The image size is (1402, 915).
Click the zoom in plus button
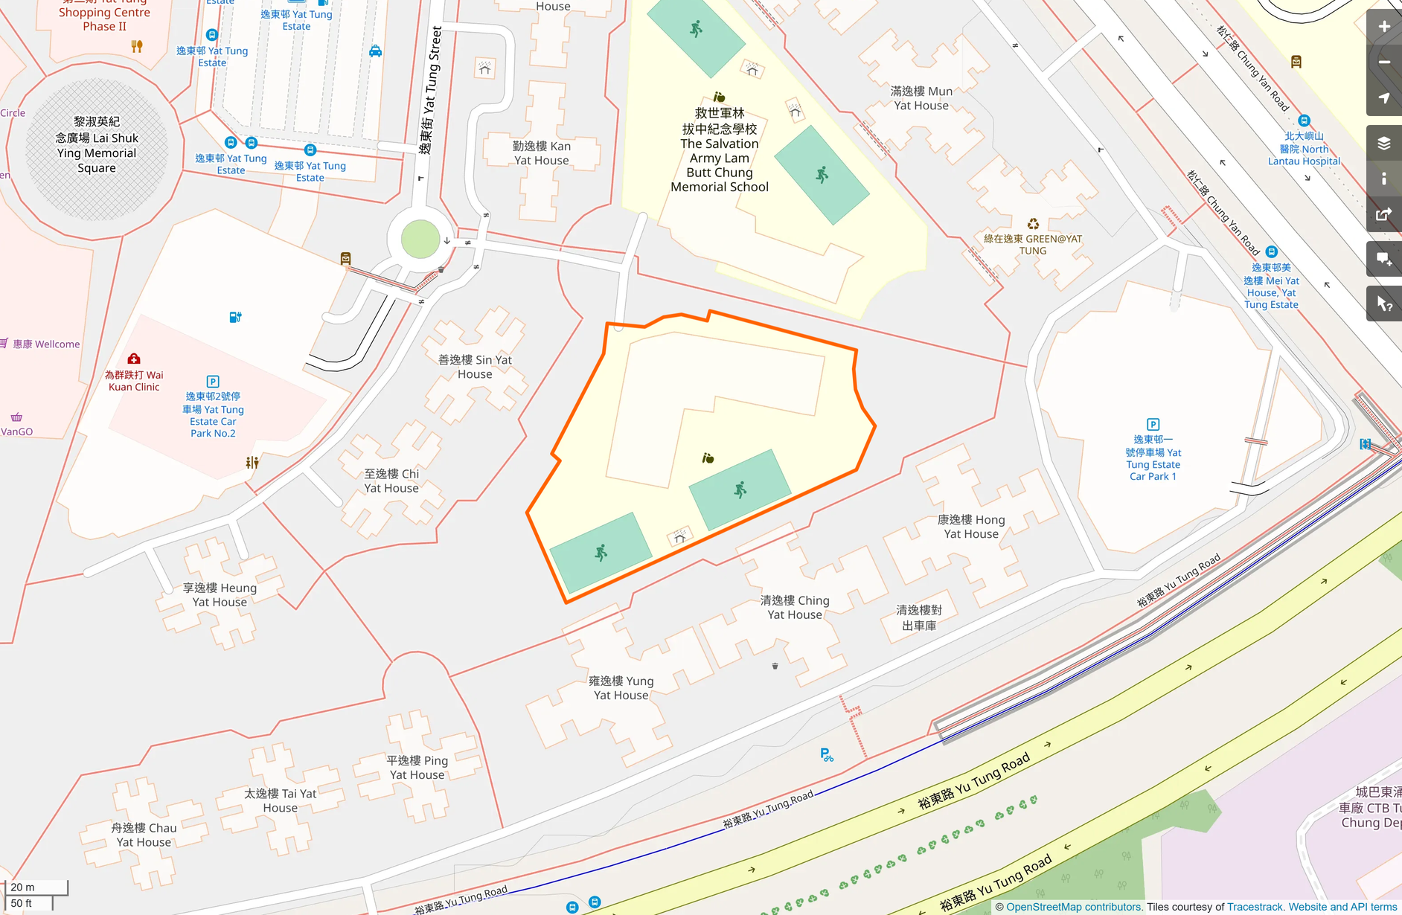coord(1383,27)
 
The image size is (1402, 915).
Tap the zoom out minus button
coord(1383,62)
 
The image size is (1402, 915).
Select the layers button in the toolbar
coord(1383,144)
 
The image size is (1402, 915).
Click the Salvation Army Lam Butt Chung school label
coord(719,150)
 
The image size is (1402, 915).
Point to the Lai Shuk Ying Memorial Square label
coord(97,145)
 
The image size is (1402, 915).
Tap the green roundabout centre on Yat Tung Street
coord(420,240)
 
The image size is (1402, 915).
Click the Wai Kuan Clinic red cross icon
coord(134,359)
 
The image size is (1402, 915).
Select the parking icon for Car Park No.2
coord(213,382)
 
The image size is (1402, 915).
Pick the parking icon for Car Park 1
coord(1153,424)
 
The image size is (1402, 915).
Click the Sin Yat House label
coord(475,367)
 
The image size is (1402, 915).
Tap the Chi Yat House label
coord(391,481)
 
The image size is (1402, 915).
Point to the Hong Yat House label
coord(971,527)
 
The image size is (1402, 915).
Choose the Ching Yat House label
coord(795,607)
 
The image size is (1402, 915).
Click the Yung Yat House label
coord(621,687)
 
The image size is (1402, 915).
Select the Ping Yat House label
coord(417,768)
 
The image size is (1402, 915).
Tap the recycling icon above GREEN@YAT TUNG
coord(1033,224)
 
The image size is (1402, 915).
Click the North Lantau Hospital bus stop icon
coord(1304,121)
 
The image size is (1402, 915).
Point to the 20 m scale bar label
coord(23,887)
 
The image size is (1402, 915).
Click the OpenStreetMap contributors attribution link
coord(1074,907)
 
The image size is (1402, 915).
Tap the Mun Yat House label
coord(921,98)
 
